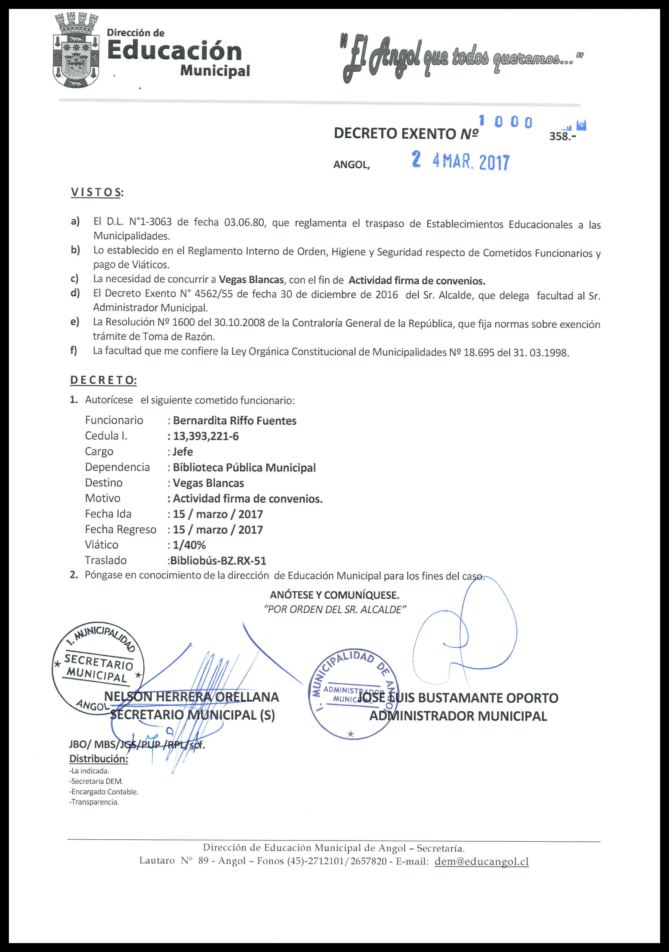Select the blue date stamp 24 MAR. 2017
[x=460, y=162]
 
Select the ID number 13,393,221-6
[x=206, y=436]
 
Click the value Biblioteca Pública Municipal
[x=244, y=467]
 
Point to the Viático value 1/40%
[x=189, y=545]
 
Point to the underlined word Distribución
[x=99, y=759]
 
